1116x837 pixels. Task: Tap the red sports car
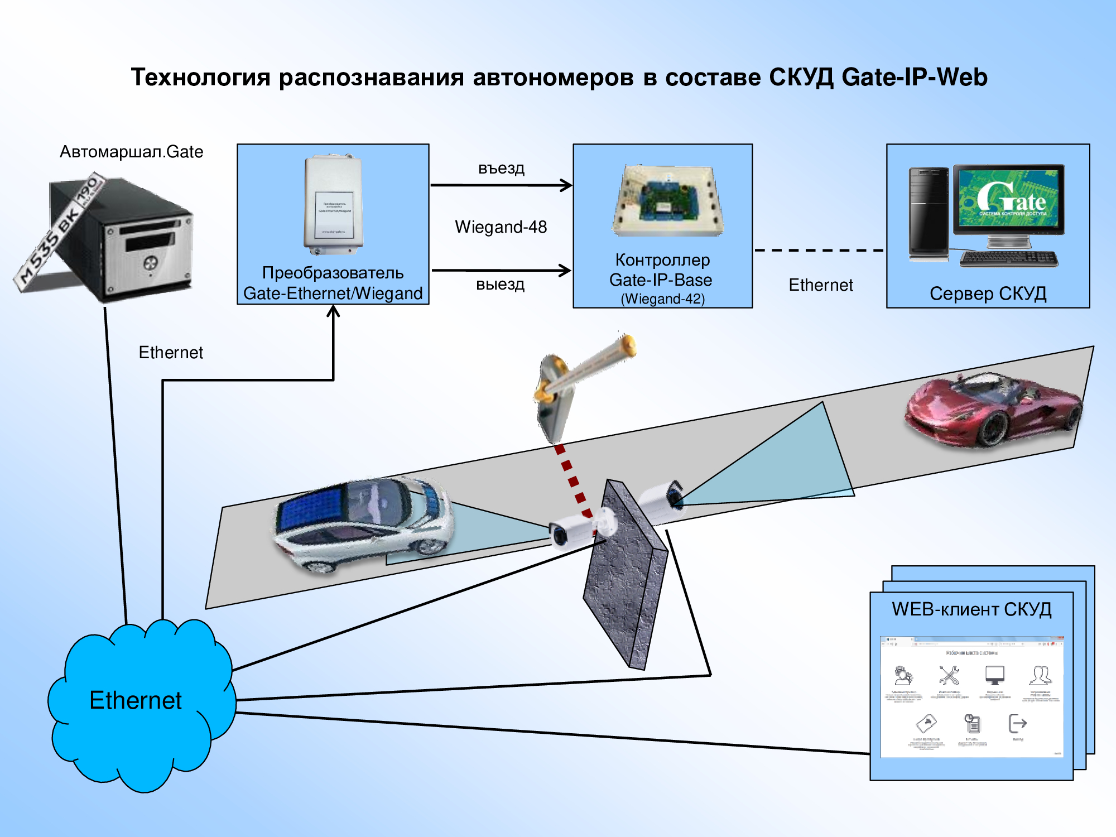tap(993, 410)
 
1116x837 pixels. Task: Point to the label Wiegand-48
tap(501, 227)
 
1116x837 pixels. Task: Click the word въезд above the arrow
tap(501, 168)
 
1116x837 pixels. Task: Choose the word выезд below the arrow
tap(500, 284)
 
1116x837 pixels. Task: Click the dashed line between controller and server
tap(819, 251)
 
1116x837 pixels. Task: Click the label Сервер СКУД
tap(988, 294)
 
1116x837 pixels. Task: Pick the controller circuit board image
tap(667, 201)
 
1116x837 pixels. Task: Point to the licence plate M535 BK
tap(59, 232)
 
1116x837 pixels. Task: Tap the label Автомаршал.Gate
tap(131, 152)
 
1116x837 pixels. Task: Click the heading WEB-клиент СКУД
tap(971, 609)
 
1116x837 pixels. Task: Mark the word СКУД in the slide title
tap(801, 78)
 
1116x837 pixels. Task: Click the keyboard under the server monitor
tap(1009, 258)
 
